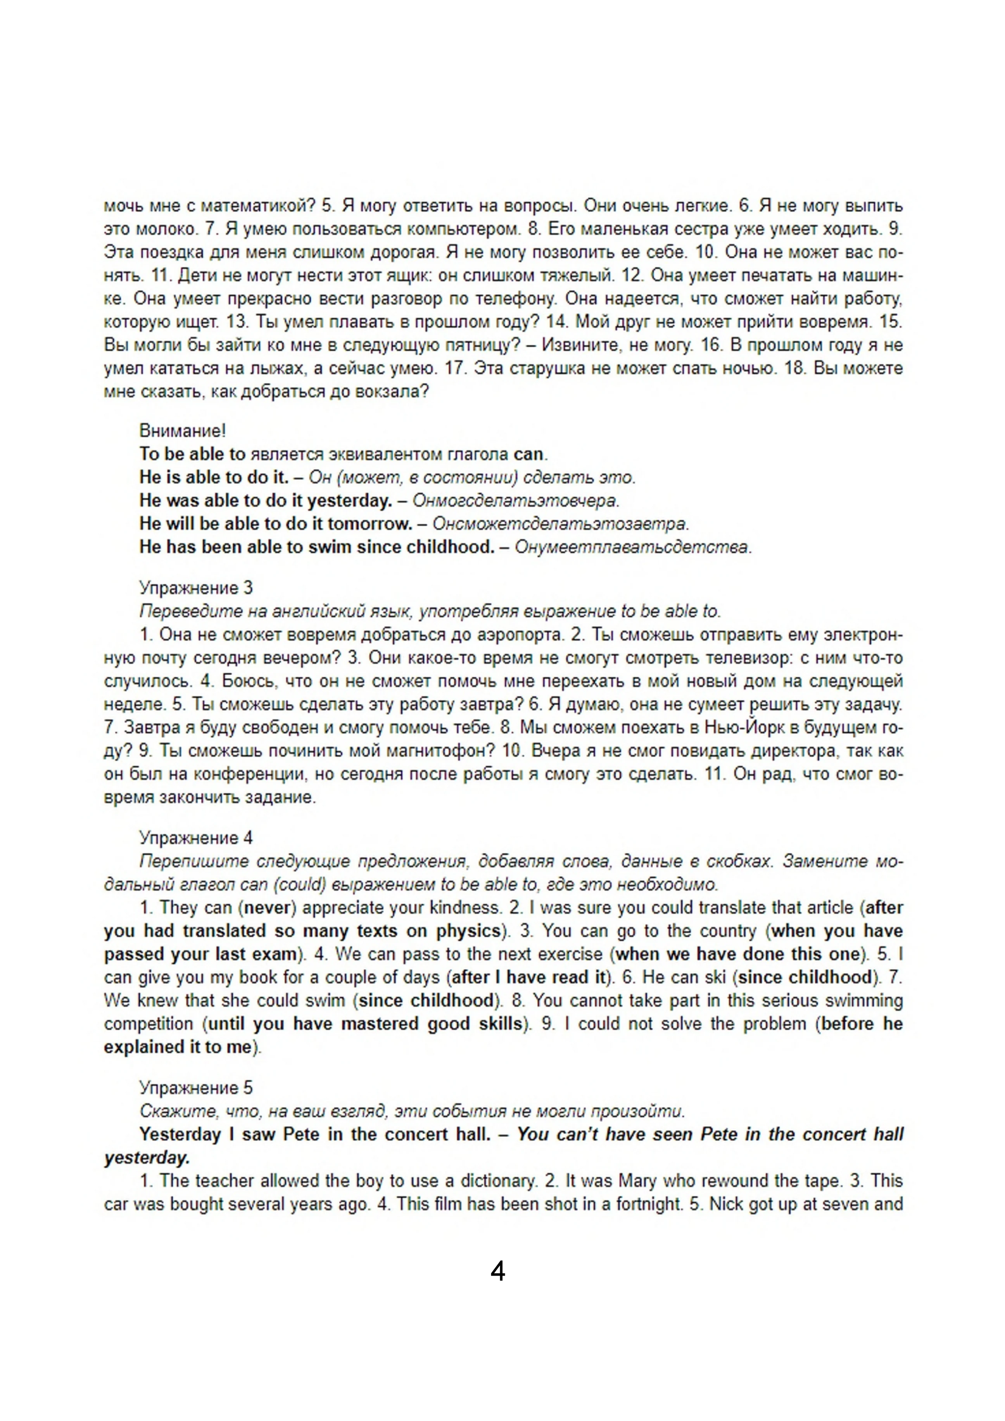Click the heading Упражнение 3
point(195,587)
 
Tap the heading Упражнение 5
point(195,1088)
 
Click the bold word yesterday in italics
point(146,1158)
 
